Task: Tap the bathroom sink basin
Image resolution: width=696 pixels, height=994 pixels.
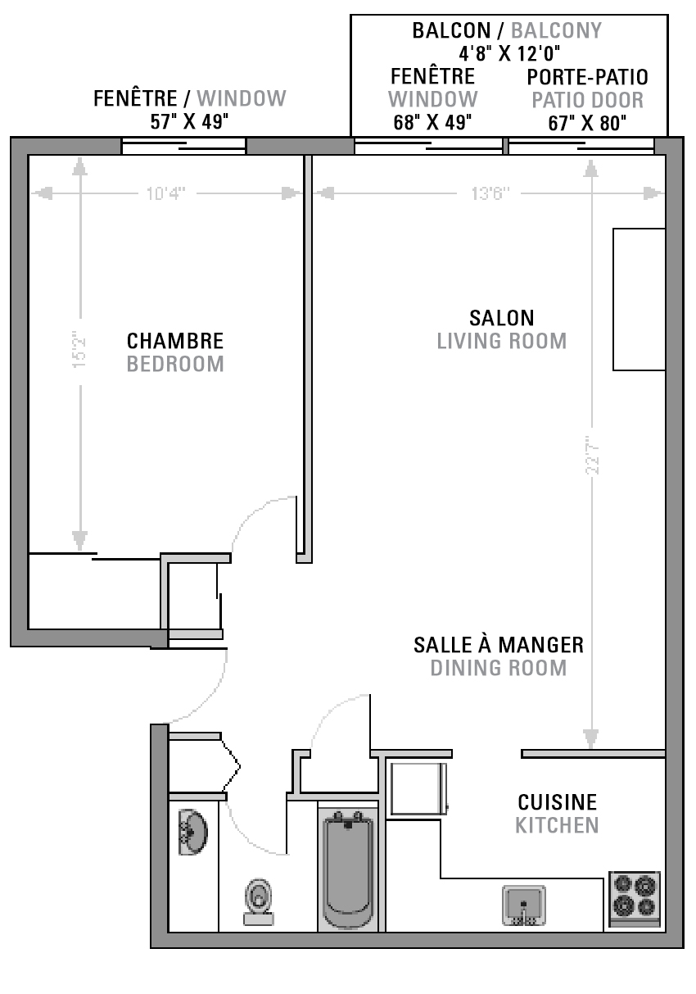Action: coord(193,832)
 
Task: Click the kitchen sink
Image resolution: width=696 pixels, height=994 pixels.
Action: coord(523,905)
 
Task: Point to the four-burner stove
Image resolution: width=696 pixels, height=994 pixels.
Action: coord(635,900)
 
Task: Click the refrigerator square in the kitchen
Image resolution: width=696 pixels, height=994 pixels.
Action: coord(418,788)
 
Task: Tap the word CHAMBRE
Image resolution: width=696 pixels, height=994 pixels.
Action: coord(175,341)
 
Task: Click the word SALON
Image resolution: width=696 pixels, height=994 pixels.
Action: coord(502,318)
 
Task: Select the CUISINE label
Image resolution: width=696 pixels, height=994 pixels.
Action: coord(558,803)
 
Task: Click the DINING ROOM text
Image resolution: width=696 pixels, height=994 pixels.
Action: coord(499,668)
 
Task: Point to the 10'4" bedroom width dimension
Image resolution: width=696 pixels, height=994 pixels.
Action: coord(165,194)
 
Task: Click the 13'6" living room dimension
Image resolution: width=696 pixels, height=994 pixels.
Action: coord(490,194)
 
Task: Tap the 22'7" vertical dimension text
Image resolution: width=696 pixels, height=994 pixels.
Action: coord(592,455)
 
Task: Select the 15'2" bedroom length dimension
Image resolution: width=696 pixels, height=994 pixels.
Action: coord(79,349)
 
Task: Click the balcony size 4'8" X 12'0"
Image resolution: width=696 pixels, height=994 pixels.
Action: coord(509,54)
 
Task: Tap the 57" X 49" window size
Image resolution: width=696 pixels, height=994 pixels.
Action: coord(189,121)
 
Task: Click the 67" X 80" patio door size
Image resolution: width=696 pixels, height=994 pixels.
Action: coord(587,123)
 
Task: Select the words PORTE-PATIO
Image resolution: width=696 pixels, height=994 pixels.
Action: coord(587,77)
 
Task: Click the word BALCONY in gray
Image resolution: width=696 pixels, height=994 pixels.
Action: coord(556,30)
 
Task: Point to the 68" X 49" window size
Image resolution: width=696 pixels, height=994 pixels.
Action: coord(432,122)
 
